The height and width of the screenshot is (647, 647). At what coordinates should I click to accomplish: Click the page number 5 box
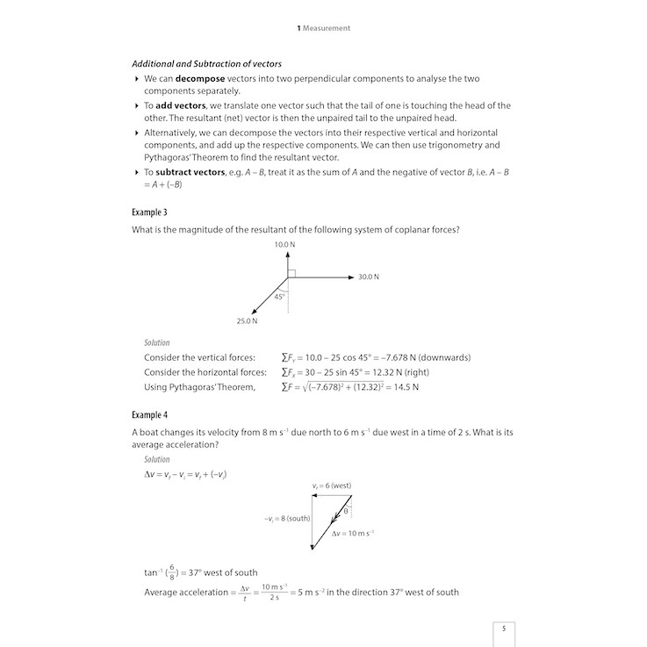(x=503, y=629)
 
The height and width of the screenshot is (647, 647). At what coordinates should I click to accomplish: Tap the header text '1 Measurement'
(x=324, y=28)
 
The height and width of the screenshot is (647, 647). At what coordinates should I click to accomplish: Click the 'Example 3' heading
(x=149, y=212)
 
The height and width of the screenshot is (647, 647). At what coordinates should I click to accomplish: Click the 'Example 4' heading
(x=149, y=414)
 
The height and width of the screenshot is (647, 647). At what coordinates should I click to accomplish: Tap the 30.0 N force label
(x=369, y=277)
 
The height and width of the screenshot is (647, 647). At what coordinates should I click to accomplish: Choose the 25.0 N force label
(x=247, y=320)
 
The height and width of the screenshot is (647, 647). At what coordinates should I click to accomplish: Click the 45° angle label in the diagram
(x=280, y=297)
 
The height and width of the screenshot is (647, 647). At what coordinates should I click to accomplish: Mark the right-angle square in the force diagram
(x=291, y=273)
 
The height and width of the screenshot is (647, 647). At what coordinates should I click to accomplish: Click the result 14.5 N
(x=404, y=386)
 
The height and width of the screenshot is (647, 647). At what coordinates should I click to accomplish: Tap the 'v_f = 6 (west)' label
(x=332, y=485)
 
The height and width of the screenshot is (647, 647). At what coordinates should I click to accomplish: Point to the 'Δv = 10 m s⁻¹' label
(x=354, y=534)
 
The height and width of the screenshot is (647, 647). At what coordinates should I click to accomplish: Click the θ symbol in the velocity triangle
(x=346, y=510)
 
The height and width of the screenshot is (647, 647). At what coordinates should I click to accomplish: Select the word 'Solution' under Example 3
(x=157, y=342)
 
